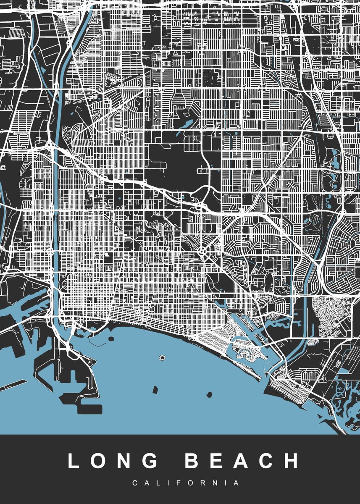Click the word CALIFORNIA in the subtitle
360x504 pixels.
(x=180, y=483)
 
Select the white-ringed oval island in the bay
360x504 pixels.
(x=162, y=358)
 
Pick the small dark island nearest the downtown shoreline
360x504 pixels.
(x=111, y=338)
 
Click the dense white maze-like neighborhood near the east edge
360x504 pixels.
(x=332, y=317)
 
